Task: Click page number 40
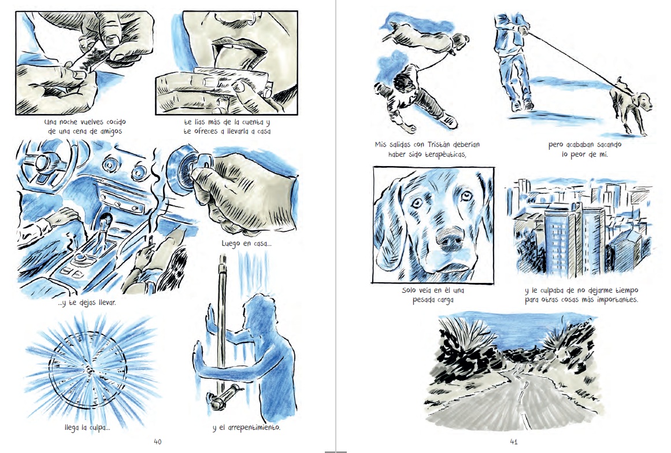click(157, 441)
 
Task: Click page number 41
click(514, 441)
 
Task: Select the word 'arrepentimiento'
click(254, 428)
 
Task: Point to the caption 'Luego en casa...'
click(246, 244)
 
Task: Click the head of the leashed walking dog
click(644, 102)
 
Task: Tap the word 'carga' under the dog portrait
click(445, 300)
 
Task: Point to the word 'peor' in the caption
click(578, 154)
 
